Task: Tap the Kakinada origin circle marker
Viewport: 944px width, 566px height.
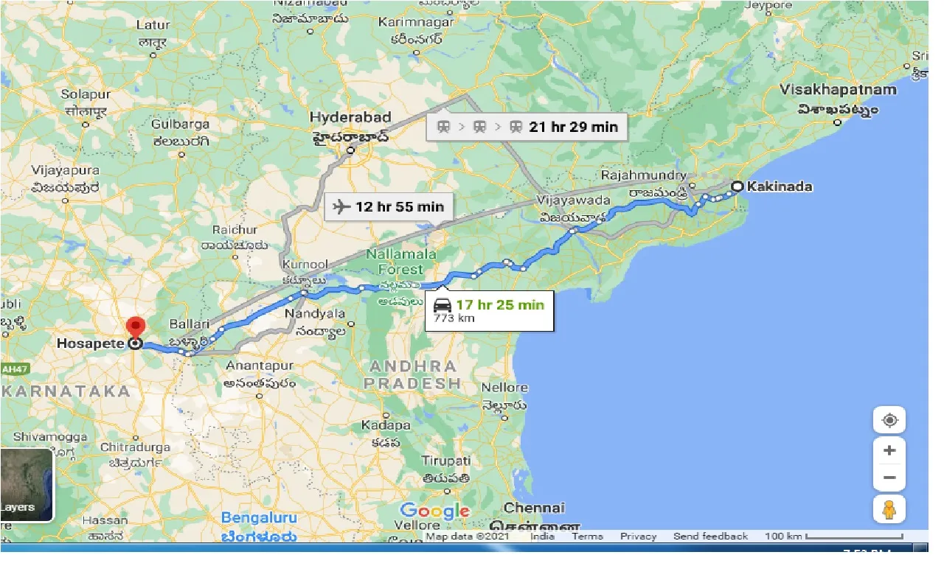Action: [x=737, y=186]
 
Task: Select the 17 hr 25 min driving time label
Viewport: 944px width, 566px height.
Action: [x=499, y=304]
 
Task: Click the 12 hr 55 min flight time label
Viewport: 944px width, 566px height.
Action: [x=400, y=206]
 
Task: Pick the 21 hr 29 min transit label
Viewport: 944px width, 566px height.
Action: [x=573, y=127]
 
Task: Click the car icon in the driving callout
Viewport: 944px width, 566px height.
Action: [x=442, y=305]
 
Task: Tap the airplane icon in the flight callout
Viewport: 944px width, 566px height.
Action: [x=341, y=206]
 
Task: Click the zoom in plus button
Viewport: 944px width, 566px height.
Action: [x=889, y=450]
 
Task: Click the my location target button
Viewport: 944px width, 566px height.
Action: [x=889, y=420]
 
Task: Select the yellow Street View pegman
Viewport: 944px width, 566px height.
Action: [x=889, y=509]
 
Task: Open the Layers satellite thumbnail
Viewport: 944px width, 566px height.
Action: [x=27, y=484]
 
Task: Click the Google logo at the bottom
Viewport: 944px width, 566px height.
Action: [x=434, y=511]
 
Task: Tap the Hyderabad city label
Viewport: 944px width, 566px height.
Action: [x=350, y=118]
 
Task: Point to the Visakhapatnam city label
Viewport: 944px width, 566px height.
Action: [x=839, y=90]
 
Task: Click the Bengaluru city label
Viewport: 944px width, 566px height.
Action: [x=259, y=518]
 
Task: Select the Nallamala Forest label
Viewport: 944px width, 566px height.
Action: [x=402, y=262]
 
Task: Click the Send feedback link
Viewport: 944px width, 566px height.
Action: [x=710, y=537]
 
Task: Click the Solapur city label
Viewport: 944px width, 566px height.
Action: [x=85, y=94]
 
